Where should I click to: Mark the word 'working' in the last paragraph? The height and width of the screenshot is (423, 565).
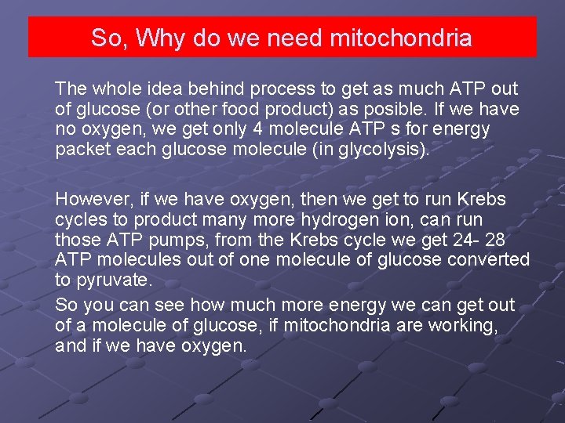click(x=463, y=325)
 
